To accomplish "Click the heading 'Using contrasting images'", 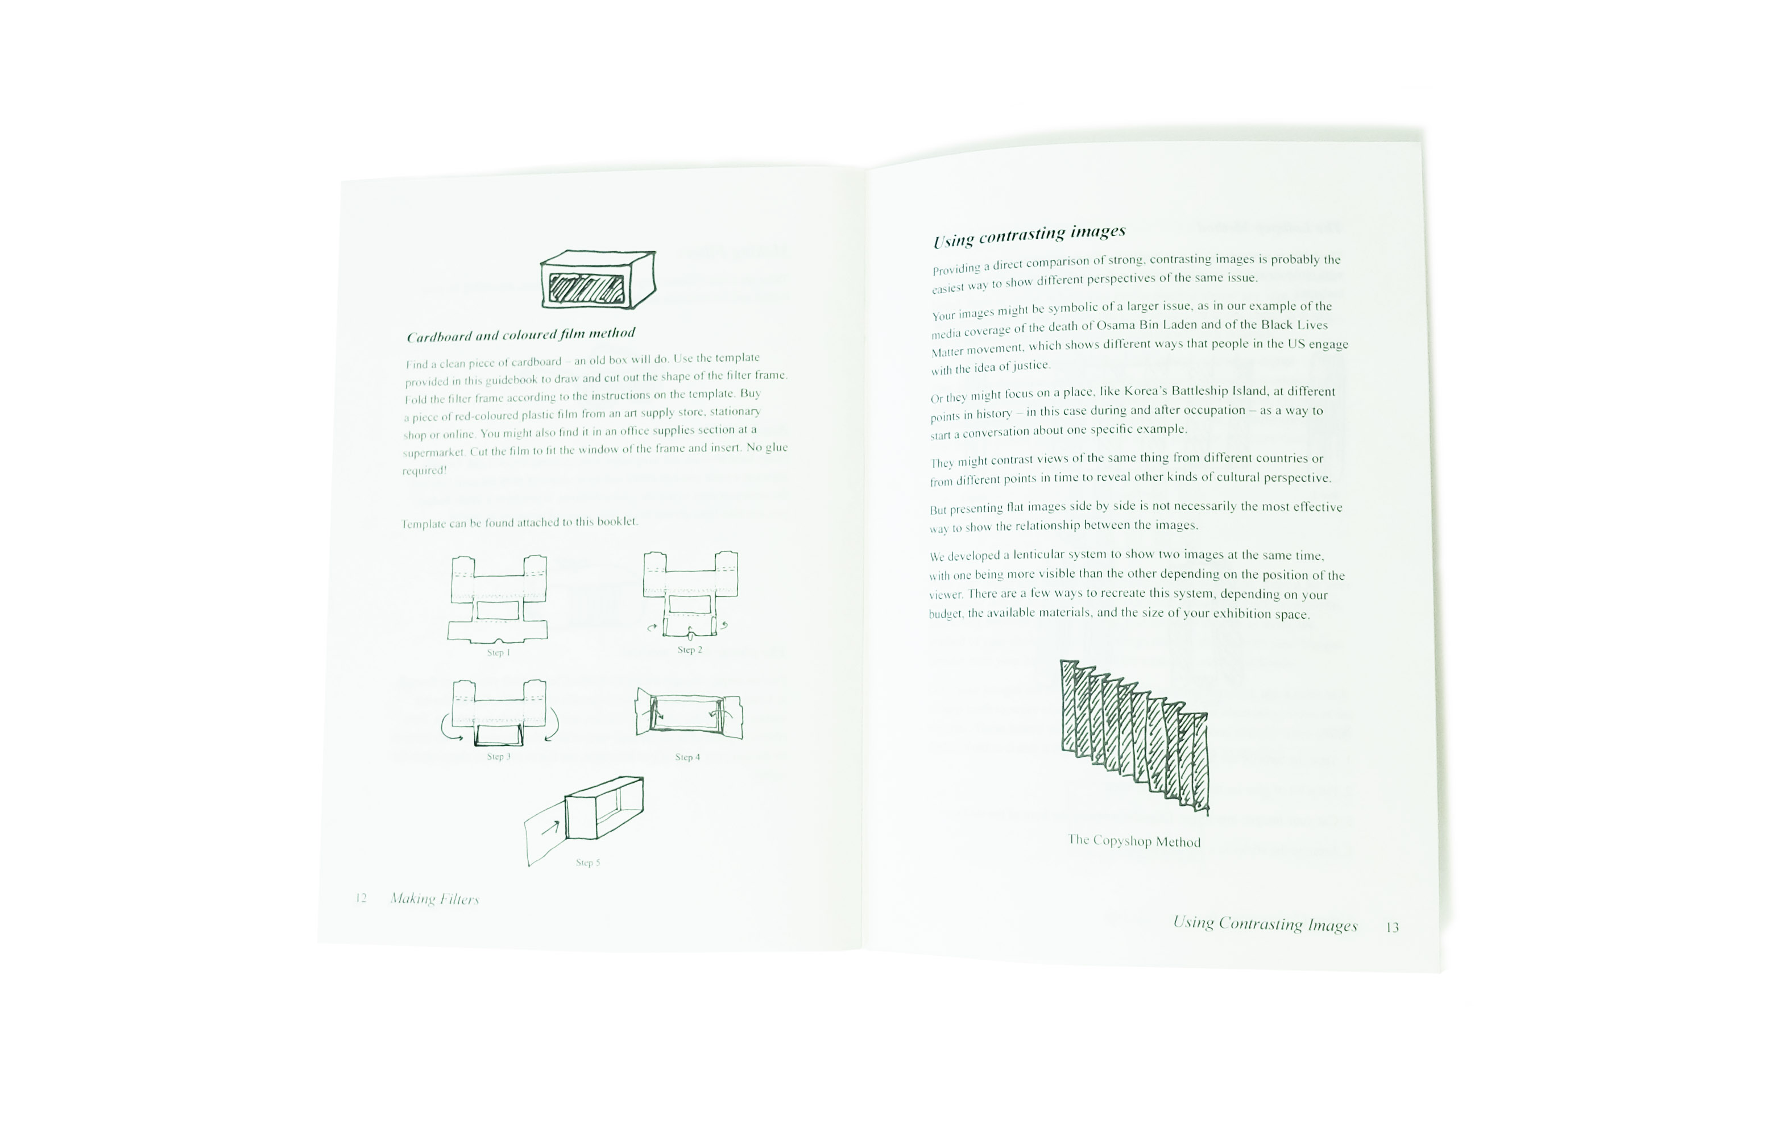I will (x=1029, y=235).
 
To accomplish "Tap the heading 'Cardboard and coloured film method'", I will (x=520, y=335).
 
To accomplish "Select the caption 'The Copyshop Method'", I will (x=1134, y=841).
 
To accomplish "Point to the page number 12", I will (x=361, y=898).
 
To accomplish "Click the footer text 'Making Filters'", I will (x=434, y=899).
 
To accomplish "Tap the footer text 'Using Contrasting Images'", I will (x=1265, y=924).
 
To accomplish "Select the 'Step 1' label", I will (x=499, y=652).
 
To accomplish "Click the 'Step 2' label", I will (x=690, y=649).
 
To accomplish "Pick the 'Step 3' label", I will (x=499, y=756).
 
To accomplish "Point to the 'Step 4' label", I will (x=687, y=757).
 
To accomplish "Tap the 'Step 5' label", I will (x=587, y=862).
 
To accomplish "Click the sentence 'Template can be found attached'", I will (x=520, y=522).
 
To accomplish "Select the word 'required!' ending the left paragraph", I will (x=425, y=471).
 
